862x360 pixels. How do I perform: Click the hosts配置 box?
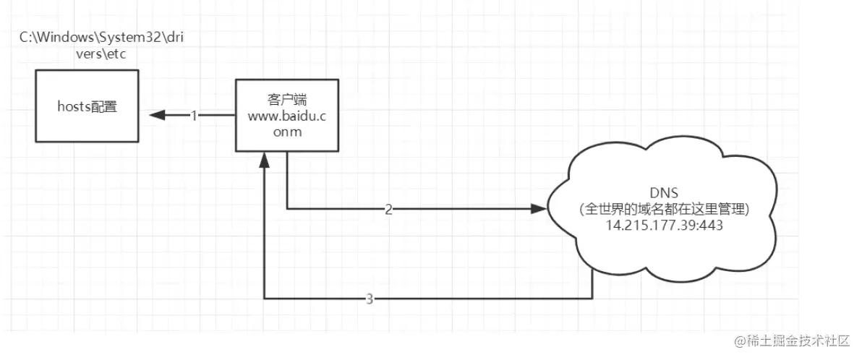[88, 108]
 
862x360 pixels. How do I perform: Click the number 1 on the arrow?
[194, 115]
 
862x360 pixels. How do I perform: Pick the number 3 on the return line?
[370, 299]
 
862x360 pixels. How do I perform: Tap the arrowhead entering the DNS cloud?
[538, 209]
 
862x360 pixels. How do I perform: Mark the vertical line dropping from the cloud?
[593, 283]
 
